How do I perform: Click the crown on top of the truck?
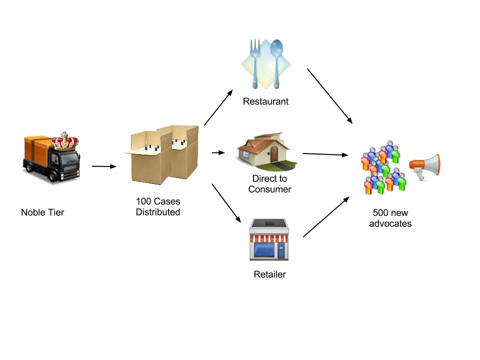65,141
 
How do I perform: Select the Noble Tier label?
42,212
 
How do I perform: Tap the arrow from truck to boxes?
104,166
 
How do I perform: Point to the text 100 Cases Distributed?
158,207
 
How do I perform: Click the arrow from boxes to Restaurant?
218,107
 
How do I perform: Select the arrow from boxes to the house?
218,152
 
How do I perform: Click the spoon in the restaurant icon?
276,60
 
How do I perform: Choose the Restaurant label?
265,101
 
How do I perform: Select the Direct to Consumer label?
269,184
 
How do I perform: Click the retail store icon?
269,239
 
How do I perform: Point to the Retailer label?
269,274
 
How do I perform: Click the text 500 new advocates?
390,218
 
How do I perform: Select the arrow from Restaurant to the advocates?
329,95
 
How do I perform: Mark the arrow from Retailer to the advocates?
326,216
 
